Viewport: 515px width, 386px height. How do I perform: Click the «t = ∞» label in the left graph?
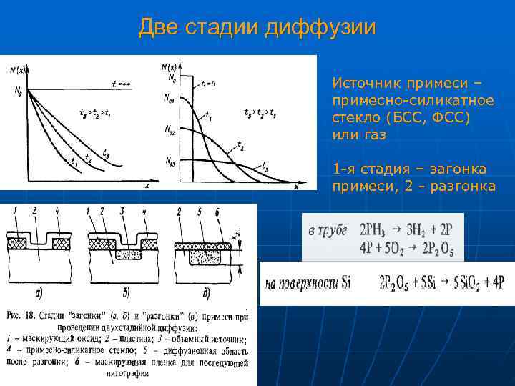pyautogui.click(x=122, y=84)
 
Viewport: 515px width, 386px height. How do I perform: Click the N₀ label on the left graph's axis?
pyautogui.click(x=11, y=91)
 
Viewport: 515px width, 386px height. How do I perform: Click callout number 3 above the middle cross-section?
pyautogui.click(x=122, y=211)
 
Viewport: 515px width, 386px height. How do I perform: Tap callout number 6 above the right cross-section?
pyautogui.click(x=216, y=211)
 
